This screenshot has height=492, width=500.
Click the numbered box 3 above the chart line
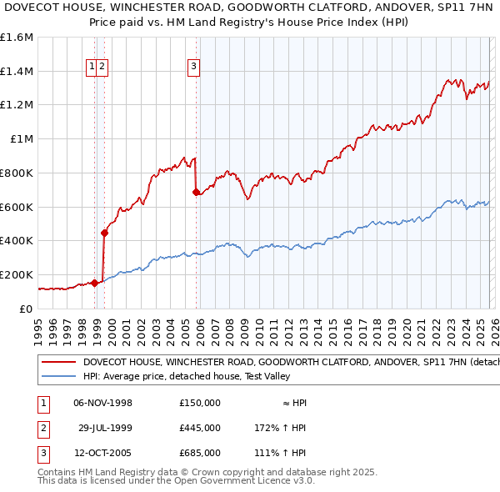coord(193,68)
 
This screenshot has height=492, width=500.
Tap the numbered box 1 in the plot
coord(91,68)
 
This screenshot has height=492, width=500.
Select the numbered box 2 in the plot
coord(102,68)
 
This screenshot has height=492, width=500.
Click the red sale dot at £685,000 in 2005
coord(197,193)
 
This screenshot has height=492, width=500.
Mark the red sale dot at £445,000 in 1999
coord(105,233)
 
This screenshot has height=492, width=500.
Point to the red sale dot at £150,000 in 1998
coord(95,283)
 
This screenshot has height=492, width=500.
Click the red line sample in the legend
coord(57,363)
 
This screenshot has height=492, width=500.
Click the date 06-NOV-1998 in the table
coord(103,403)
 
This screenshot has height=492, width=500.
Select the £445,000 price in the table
coord(199,428)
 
